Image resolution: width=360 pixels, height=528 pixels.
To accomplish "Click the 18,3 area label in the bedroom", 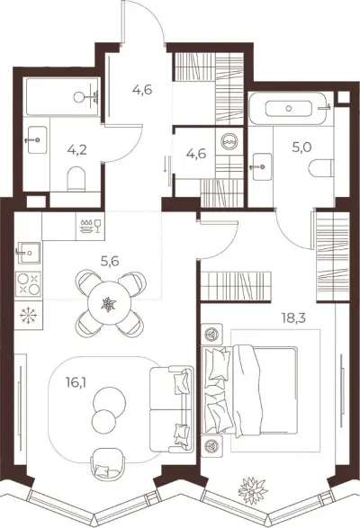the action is click(x=294, y=318).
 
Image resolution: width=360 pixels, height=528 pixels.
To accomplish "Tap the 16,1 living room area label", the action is click(x=76, y=382).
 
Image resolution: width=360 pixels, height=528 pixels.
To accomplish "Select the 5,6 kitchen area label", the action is click(x=110, y=261).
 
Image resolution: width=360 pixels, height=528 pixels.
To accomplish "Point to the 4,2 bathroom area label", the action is click(x=76, y=150).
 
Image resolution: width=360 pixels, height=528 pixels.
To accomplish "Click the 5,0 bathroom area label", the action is click(x=302, y=148).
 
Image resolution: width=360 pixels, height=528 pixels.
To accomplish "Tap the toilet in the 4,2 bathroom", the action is click(x=76, y=179).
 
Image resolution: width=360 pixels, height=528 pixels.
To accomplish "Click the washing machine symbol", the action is click(x=229, y=140).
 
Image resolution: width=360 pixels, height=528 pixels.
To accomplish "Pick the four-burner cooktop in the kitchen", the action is click(x=28, y=284).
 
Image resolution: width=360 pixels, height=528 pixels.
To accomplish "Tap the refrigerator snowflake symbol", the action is click(x=28, y=316).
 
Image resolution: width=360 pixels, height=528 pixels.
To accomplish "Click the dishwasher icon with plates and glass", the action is click(x=90, y=226).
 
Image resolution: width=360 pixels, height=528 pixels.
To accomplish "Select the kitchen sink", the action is click(x=28, y=253).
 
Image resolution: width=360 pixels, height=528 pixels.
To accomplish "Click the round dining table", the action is click(x=109, y=303).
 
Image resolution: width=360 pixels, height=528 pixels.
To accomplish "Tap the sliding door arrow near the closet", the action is click(x=166, y=164).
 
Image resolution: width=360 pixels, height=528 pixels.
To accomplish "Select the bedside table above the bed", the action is click(x=211, y=335).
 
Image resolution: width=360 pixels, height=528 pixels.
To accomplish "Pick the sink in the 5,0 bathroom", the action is click(x=262, y=166).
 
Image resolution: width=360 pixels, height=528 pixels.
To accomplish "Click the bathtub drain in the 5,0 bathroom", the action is click(x=289, y=109).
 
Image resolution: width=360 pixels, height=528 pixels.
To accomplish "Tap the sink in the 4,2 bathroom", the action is click(x=37, y=139).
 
